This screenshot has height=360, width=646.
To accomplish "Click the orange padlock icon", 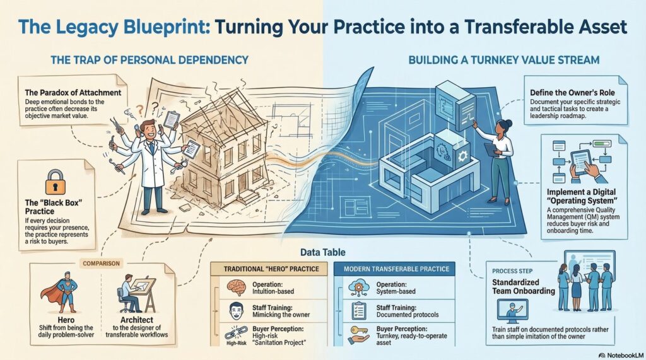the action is pyautogui.click(x=56, y=182).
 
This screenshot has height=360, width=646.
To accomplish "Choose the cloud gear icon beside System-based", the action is pyautogui.click(x=359, y=287).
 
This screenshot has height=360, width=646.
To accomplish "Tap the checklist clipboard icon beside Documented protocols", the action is pyautogui.click(x=359, y=311).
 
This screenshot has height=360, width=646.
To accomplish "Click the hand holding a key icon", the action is pyautogui.click(x=358, y=334).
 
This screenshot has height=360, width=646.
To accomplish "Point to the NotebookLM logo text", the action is pyautogui.click(x=621, y=355).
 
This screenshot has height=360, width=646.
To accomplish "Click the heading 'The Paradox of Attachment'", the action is pyautogui.click(x=73, y=93).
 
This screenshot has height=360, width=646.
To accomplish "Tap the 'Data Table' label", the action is pyautogui.click(x=322, y=252).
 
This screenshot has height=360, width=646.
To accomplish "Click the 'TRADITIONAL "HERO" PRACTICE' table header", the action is pyautogui.click(x=271, y=269).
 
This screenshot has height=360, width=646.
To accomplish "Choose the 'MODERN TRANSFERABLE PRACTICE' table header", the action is pyautogui.click(x=396, y=269).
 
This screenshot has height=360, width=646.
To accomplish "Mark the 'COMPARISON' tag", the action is pyautogui.click(x=102, y=263).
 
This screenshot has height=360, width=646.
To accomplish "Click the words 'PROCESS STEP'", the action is pyautogui.click(x=512, y=271).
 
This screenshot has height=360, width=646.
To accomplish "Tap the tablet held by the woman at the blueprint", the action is pyautogui.click(x=491, y=149).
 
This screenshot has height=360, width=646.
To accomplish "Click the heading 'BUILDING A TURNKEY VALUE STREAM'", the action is pyautogui.click(x=504, y=60).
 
